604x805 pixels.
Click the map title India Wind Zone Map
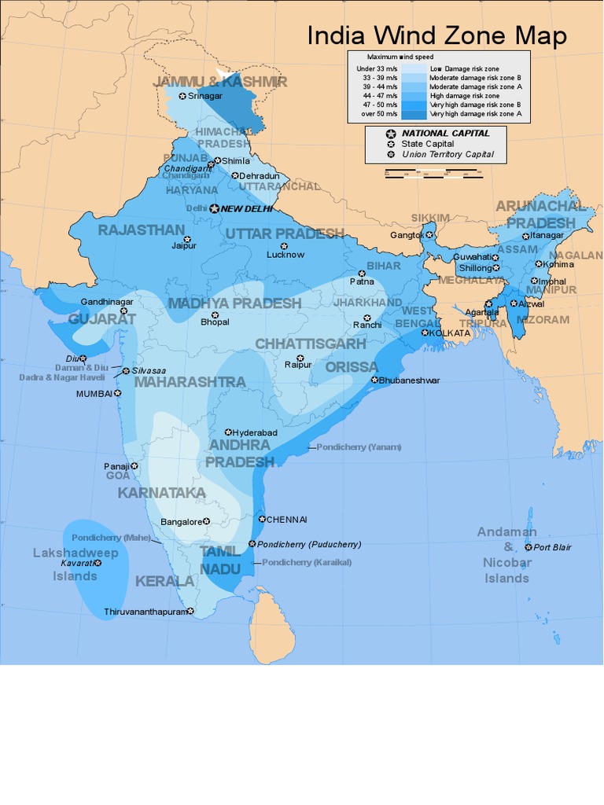click(x=436, y=35)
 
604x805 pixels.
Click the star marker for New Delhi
click(x=215, y=208)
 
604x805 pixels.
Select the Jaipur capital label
click(x=184, y=246)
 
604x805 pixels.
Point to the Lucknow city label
click(x=285, y=255)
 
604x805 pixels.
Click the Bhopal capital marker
click(x=214, y=314)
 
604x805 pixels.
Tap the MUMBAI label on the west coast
click(x=94, y=394)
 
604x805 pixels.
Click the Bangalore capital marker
click(x=206, y=521)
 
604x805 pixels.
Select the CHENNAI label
click(x=287, y=520)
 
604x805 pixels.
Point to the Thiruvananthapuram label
click(x=145, y=612)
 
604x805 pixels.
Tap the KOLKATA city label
click(x=450, y=333)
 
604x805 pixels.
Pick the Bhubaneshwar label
click(x=409, y=380)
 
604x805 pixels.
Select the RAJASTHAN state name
click(x=141, y=230)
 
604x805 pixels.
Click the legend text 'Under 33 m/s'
click(x=379, y=69)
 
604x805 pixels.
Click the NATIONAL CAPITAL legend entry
click(x=445, y=134)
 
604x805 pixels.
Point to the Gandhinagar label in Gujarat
click(x=107, y=302)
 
